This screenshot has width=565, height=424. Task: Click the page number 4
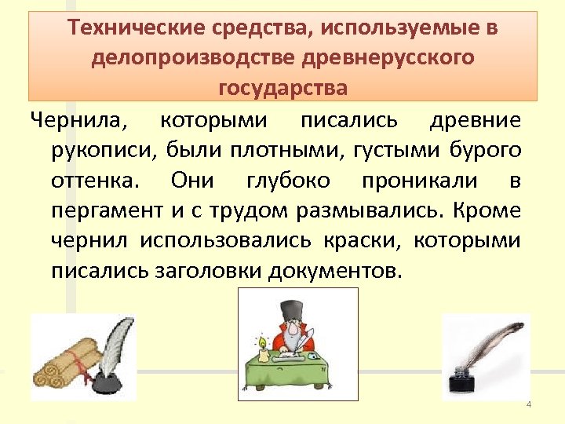point(529,404)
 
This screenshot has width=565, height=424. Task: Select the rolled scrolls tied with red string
point(59,369)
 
